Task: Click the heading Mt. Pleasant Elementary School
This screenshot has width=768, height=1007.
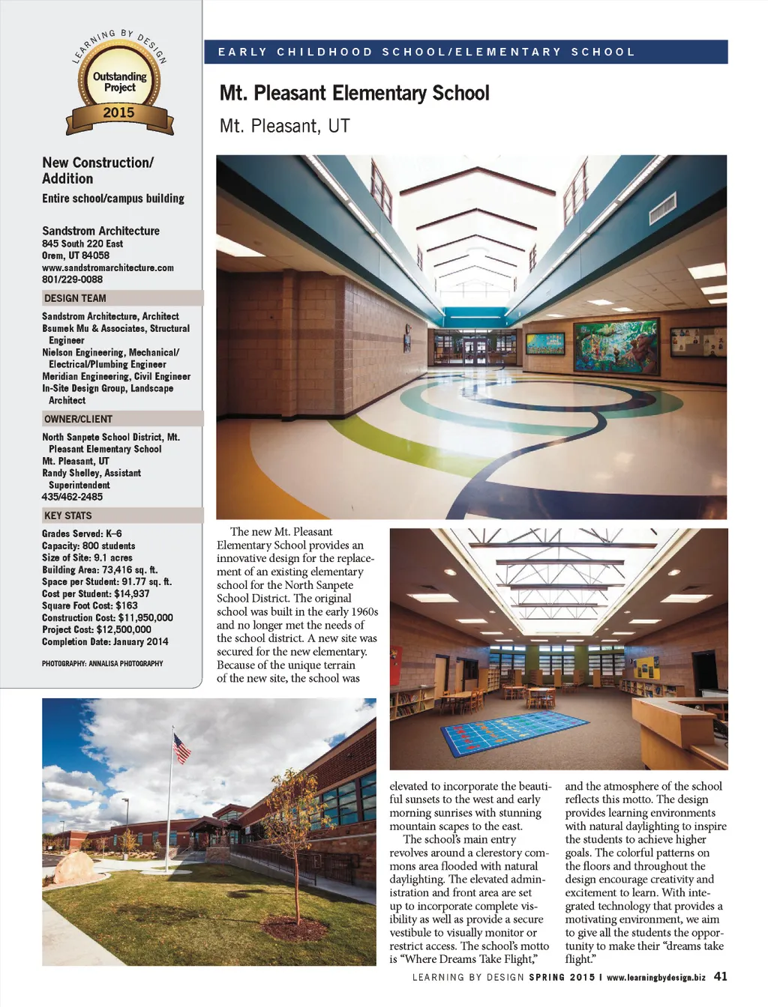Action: click(354, 94)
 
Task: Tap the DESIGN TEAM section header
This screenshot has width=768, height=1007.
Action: click(75, 298)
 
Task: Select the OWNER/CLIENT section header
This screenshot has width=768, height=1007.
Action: click(78, 419)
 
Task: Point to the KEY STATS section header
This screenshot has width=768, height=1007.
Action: click(67, 515)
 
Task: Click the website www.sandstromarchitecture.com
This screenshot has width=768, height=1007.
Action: click(108, 267)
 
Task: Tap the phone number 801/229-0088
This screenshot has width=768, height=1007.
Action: click(72, 279)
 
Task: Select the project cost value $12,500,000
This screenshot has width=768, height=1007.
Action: click(123, 629)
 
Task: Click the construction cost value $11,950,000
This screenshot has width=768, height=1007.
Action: click(145, 617)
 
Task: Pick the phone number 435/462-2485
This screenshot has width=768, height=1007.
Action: click(72, 497)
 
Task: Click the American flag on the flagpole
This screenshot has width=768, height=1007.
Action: click(182, 748)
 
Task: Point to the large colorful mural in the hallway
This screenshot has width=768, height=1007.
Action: click(616, 345)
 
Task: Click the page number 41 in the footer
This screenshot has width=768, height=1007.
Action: click(720, 976)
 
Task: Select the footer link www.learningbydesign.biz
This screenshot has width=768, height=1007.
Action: click(656, 977)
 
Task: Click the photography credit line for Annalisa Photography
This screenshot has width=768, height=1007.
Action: click(102, 663)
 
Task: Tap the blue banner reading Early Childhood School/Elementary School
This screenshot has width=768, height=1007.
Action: click(465, 52)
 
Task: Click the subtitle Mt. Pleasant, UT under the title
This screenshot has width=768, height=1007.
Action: click(285, 126)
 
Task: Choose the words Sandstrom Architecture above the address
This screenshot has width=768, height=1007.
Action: click(100, 231)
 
